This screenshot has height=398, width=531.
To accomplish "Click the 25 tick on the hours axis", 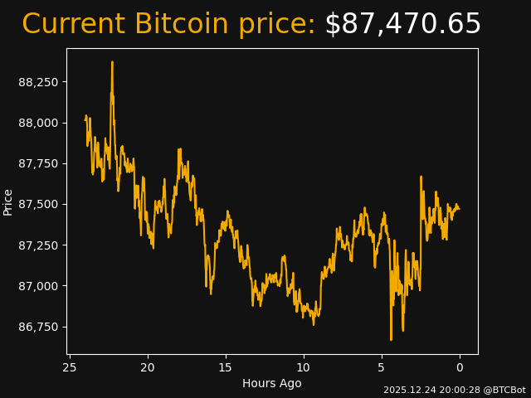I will tap(70, 367).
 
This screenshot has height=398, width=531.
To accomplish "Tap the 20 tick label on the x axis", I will tap(148, 367).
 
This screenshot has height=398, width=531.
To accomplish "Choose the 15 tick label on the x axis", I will tap(226, 367).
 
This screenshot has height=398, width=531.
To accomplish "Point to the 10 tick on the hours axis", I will tap(304, 367).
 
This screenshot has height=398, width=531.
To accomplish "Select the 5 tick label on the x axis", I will tap(382, 367).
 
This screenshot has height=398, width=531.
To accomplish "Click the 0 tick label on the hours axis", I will tap(460, 367).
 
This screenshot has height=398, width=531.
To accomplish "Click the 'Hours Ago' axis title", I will tap(272, 383).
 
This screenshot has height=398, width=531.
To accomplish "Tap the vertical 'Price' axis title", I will tap(8, 201).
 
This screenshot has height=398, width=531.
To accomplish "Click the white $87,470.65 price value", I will tap(402, 25).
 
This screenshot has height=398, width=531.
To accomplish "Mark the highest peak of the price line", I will tap(112, 62).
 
